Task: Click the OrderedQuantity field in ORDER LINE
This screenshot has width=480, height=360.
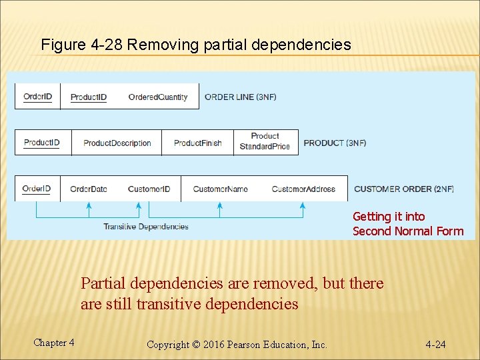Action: pyautogui.click(x=158, y=97)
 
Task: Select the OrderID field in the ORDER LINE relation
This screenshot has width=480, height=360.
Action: pyautogui.click(x=37, y=97)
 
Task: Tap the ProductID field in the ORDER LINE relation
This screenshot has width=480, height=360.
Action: pyautogui.click(x=89, y=97)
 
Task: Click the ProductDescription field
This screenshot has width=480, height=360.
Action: pyautogui.click(x=117, y=143)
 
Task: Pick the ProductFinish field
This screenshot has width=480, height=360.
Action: pyautogui.click(x=197, y=143)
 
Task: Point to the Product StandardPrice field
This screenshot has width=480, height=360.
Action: pyautogui.click(x=265, y=141)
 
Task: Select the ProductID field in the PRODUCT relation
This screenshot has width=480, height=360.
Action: pyautogui.click(x=42, y=143)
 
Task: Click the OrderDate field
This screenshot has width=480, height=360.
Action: pyautogui.click(x=89, y=189)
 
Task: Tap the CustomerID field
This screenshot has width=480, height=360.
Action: pyautogui.click(x=149, y=189)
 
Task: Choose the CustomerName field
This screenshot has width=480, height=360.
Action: pyautogui.click(x=220, y=189)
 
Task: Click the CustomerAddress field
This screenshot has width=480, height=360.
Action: pyautogui.click(x=303, y=189)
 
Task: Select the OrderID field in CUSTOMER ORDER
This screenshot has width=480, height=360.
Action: pyautogui.click(x=37, y=189)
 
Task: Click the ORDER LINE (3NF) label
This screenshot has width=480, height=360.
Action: pyautogui.click(x=240, y=97)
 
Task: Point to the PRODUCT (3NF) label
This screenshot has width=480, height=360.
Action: pyautogui.click(x=335, y=143)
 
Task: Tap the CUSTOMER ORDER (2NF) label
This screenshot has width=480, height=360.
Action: pyautogui.click(x=403, y=189)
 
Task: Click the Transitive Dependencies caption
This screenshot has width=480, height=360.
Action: pyautogui.click(x=146, y=227)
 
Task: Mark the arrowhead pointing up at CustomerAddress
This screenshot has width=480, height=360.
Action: pyautogui.click(x=305, y=206)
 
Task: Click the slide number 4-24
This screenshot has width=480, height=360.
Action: pyautogui.click(x=435, y=345)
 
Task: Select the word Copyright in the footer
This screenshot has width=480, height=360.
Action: pyautogui.click(x=167, y=345)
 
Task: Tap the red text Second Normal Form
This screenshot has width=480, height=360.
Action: pyautogui.click(x=407, y=231)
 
